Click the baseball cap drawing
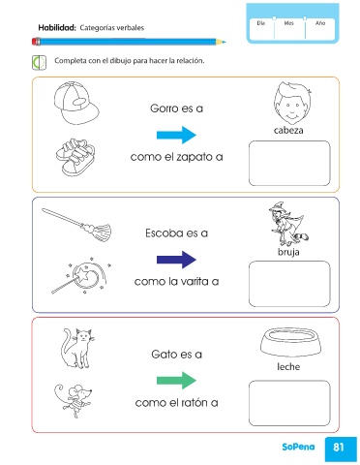tap(76, 103)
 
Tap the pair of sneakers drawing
tap(75, 157)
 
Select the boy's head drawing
tap(292, 104)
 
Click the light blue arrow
tap(176, 135)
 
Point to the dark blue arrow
tap(176, 260)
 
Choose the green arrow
tap(176, 380)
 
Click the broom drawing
tap(76, 224)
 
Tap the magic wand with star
tap(81, 275)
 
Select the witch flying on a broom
tap(288, 224)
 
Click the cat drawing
tap(77, 348)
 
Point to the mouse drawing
tap(74, 400)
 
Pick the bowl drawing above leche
tap(291, 342)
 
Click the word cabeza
tap(288, 130)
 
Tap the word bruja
tap(288, 252)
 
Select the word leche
tap(288, 367)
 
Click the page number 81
tap(339, 447)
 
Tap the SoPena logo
tap(298, 447)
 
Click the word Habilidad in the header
tap(57, 28)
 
